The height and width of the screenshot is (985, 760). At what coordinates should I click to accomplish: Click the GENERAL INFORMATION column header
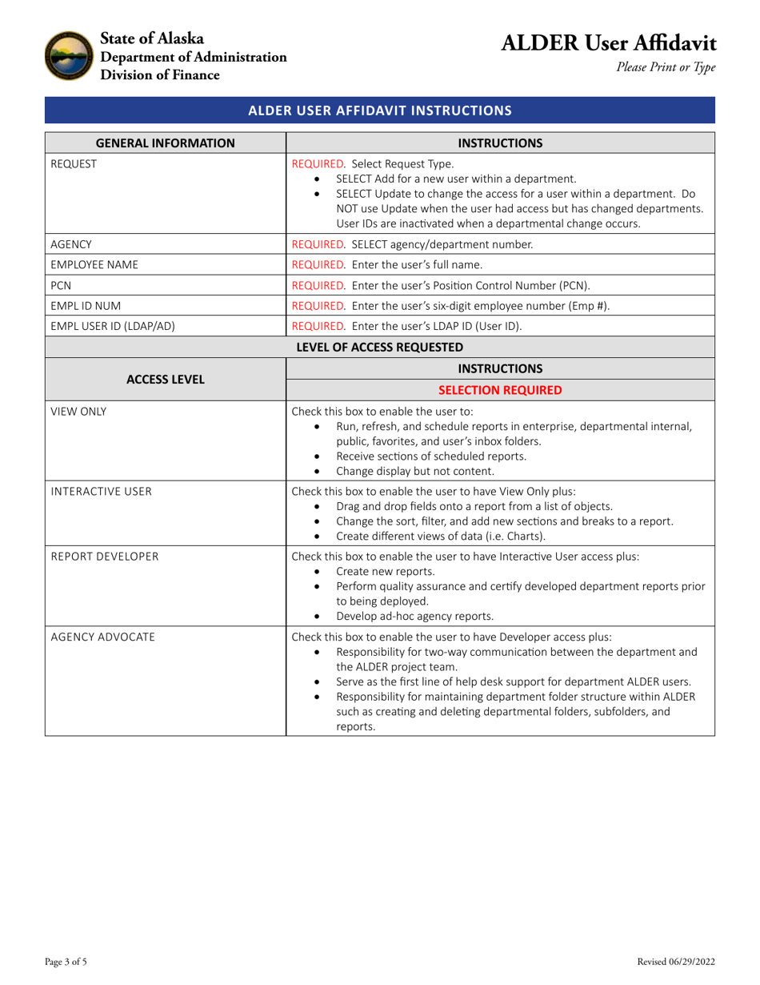pyautogui.click(x=166, y=143)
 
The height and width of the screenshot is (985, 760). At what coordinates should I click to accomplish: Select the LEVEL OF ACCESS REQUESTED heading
pyautogui.click(x=379, y=347)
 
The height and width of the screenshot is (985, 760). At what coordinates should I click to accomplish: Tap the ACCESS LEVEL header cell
pyautogui.click(x=166, y=379)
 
